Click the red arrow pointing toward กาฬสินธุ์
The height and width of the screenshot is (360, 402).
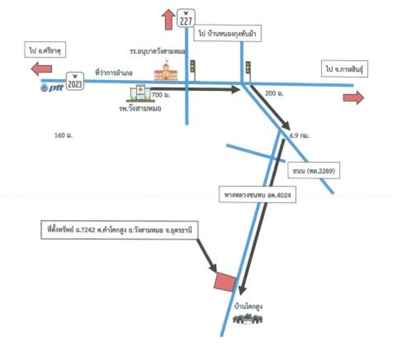tap(354, 98)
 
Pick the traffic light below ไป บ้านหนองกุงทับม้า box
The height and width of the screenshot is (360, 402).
tap(247, 69)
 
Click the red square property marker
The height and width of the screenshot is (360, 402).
tap(224, 282)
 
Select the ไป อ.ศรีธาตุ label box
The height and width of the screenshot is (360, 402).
tap(44, 51)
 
